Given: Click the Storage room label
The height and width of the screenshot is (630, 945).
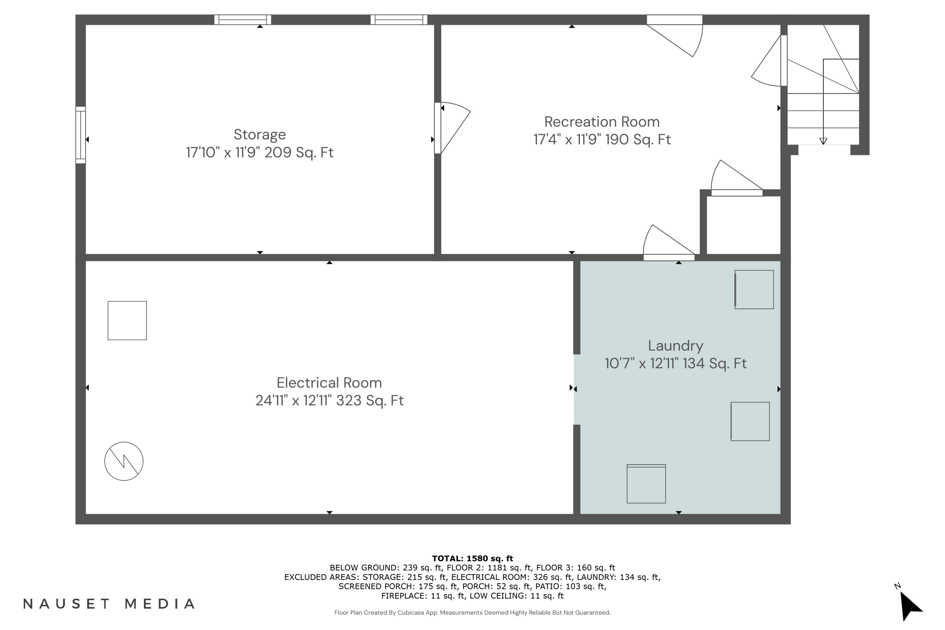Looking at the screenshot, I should (x=260, y=134).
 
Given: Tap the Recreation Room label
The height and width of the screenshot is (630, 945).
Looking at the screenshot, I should (x=601, y=122).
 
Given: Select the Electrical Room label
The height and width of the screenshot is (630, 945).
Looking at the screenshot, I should (x=329, y=382).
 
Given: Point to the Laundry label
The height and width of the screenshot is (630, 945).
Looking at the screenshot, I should (x=675, y=346).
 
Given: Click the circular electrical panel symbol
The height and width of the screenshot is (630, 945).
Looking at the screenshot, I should (x=124, y=461).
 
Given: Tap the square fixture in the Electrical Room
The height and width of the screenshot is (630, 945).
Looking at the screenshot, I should (x=127, y=321).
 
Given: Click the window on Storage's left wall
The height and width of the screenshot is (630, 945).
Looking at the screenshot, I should (x=81, y=135).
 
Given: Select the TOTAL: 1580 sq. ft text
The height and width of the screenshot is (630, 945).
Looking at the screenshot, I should (x=472, y=558).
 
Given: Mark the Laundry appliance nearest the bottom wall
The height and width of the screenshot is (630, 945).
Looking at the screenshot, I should (x=646, y=484).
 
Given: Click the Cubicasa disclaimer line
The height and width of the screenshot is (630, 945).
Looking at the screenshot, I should (x=472, y=613).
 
